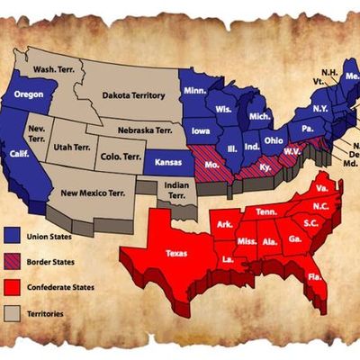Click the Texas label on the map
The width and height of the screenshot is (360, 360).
coord(177,254)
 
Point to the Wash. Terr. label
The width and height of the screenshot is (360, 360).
coord(53,68)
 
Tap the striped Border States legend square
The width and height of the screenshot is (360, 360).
coord(13,262)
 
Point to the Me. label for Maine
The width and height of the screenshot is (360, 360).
coord(352,77)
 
